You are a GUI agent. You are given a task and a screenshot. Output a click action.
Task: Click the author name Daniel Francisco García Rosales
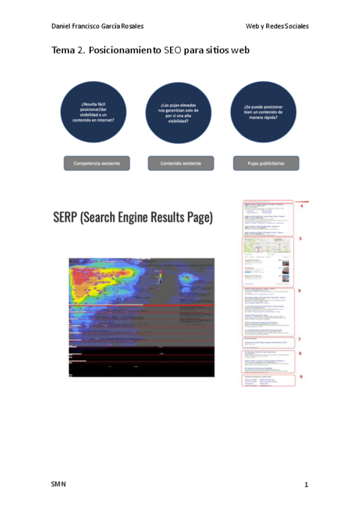click(97, 26)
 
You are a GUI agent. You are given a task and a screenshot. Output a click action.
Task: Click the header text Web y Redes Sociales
click(277, 26)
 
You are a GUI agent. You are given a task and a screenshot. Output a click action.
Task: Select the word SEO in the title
click(171, 51)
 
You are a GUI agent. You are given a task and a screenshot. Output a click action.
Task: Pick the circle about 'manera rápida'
click(264, 112)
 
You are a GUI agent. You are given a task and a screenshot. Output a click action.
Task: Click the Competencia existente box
click(97, 163)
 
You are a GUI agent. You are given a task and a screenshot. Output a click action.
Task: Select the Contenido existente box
click(181, 163)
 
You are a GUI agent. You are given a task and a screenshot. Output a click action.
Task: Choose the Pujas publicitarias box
click(266, 163)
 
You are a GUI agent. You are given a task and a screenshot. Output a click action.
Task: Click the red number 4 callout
click(301, 207)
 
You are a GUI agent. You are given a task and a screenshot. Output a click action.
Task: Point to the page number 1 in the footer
click(306, 484)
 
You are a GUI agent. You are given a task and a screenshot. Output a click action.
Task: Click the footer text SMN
click(59, 484)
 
